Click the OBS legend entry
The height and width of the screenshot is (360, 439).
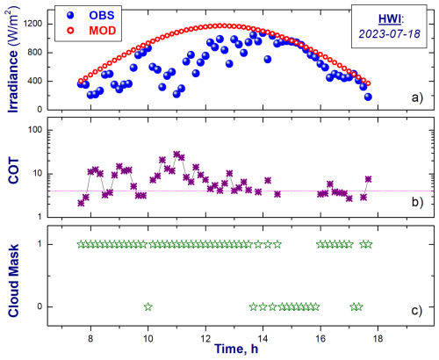tap(90, 15)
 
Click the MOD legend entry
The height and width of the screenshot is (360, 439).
tap(91, 31)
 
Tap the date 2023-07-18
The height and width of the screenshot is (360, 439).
tap(390, 34)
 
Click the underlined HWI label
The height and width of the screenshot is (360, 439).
tap(390, 19)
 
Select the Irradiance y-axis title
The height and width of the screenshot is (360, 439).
tap(13, 61)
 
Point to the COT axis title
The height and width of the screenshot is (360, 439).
tap(13, 170)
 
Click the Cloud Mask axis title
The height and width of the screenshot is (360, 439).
tap(13, 281)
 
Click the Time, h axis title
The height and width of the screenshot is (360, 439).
tap(236, 349)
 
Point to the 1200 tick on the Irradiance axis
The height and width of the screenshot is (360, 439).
tap(32, 24)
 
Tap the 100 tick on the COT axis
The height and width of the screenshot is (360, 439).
tap(35, 130)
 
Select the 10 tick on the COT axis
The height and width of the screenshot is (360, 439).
tap(38, 174)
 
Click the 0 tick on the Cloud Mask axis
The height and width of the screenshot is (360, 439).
tap(40, 306)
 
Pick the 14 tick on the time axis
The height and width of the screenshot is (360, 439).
tap(263, 339)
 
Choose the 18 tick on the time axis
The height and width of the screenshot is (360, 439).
tap(378, 339)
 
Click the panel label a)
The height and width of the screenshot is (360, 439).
tap(417, 97)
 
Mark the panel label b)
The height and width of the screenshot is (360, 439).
tap(417, 202)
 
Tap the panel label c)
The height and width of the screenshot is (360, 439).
tap(417, 311)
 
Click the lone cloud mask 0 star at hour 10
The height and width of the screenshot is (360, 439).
tap(148, 306)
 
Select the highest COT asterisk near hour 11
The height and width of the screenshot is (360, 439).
tap(176, 155)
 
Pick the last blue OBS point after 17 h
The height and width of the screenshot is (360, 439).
tap(368, 97)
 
